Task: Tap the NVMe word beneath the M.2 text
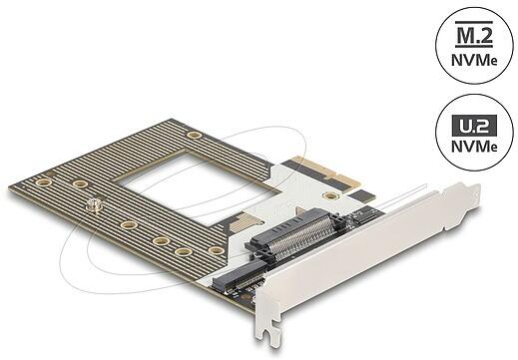tap(474, 60)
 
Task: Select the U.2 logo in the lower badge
tap(474, 126)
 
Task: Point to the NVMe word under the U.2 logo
tap(474, 146)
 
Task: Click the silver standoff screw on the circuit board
tap(94, 205)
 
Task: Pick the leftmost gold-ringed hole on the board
tap(44, 182)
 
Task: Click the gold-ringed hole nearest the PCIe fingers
tap(330, 195)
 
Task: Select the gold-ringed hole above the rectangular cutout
tap(194, 135)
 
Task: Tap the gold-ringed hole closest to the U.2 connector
tap(217, 250)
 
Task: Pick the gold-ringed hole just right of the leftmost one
tap(80, 183)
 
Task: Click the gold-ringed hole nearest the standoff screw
tap(80, 183)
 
